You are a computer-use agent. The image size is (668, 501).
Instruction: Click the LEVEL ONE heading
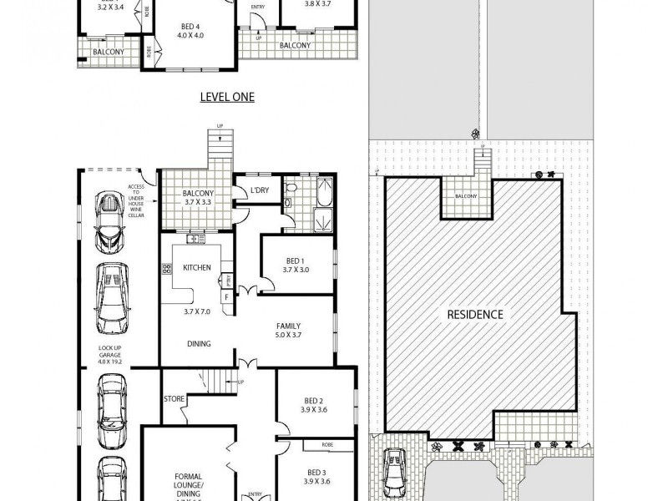click(x=226, y=98)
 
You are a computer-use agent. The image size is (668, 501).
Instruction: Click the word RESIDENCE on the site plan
click(x=474, y=315)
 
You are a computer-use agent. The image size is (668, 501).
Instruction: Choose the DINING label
click(x=199, y=343)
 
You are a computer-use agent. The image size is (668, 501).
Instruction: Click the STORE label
click(x=174, y=398)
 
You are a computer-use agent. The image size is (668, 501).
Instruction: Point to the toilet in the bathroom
click(x=289, y=203)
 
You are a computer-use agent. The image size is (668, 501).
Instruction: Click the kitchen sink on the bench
click(x=197, y=240)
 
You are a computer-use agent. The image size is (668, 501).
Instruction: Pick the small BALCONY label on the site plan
click(x=467, y=196)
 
